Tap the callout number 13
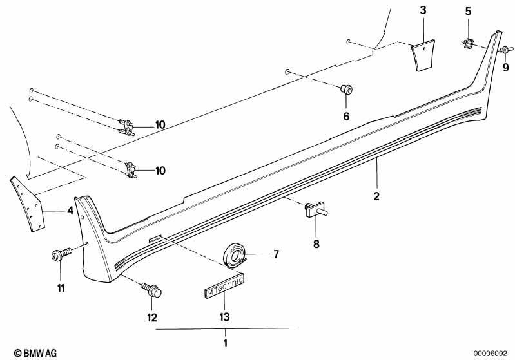(x=225, y=317)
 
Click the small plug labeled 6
(x=346, y=89)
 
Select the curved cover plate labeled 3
(x=423, y=55)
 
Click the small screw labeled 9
(x=506, y=50)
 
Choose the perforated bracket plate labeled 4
(x=28, y=204)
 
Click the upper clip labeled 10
(x=127, y=128)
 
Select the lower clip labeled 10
(x=131, y=170)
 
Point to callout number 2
(x=376, y=196)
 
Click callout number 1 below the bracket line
(x=226, y=343)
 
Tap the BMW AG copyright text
(x=35, y=353)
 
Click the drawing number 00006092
(x=490, y=354)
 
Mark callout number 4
(x=70, y=211)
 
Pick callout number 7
(x=276, y=254)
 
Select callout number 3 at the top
(x=423, y=10)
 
